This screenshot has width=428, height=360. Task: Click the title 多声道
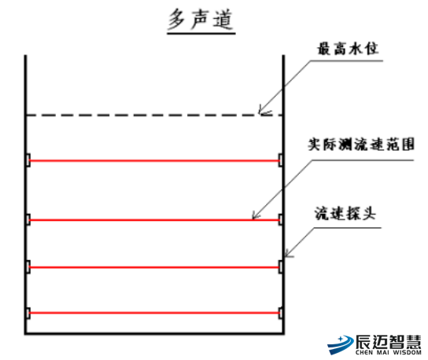[201, 19]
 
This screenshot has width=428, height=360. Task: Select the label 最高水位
[348, 49]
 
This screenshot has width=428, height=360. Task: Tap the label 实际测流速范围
[361, 145]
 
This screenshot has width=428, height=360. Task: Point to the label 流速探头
[345, 213]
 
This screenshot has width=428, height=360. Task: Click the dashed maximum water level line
[154, 115]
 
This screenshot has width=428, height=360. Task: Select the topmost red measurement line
[154, 160]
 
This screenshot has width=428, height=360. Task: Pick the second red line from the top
[154, 220]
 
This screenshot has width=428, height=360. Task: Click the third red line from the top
[154, 267]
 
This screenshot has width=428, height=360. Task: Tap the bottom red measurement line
[154, 313]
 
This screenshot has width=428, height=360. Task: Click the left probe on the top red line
[28, 160]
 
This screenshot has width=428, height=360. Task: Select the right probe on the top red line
[281, 160]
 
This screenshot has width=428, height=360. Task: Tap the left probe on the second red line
[28, 219]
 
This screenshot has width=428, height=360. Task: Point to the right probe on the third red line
[281, 267]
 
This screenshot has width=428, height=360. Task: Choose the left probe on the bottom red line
[28, 313]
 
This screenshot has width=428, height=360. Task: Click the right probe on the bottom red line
[281, 313]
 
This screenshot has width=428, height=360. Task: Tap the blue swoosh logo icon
[340, 344]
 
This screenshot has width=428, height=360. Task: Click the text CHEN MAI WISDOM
[388, 352]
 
